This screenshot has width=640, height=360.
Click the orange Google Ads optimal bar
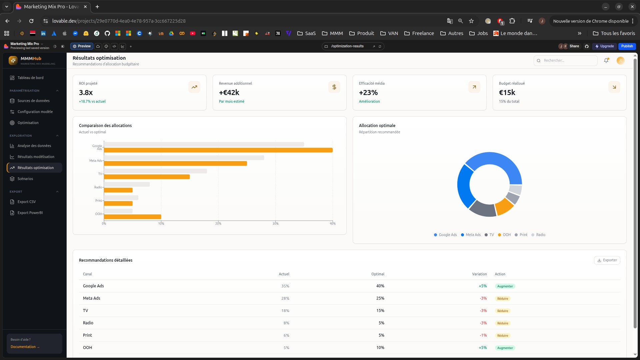click(x=218, y=150)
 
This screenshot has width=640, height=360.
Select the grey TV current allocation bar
click(x=155, y=171)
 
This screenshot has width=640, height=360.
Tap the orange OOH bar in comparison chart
click(x=132, y=217)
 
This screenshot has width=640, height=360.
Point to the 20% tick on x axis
click(x=218, y=223)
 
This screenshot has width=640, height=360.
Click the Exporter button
click(x=607, y=260)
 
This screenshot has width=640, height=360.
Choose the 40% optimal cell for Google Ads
click(x=380, y=286)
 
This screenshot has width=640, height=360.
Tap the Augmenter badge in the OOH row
click(x=505, y=348)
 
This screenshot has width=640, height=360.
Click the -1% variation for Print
click(x=483, y=335)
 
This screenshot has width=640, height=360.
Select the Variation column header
click(x=479, y=274)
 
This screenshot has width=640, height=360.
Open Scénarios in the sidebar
click(x=25, y=179)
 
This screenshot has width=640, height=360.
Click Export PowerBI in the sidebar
click(x=30, y=213)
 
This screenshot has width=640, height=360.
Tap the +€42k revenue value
click(x=229, y=93)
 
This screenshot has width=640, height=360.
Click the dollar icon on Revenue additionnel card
click(x=334, y=87)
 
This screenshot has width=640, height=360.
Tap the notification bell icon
click(x=606, y=61)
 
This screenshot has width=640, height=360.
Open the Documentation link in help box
click(x=23, y=347)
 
